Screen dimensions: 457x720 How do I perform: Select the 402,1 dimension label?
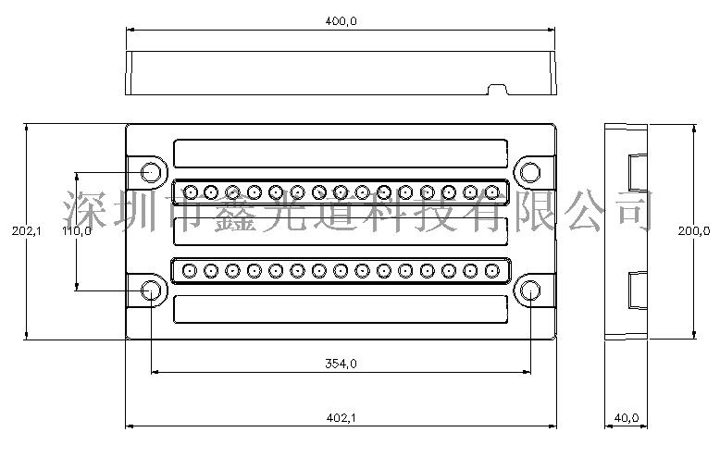341,418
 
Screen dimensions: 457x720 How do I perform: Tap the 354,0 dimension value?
341,364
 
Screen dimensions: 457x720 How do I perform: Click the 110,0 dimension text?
76,232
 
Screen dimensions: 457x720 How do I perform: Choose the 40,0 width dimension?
627,418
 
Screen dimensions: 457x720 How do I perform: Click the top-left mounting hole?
149,172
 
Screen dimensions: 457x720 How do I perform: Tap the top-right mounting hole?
530,172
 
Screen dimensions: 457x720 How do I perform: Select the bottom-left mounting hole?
149,291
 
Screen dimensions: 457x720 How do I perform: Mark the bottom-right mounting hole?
530,291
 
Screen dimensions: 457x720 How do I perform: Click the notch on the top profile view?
498,90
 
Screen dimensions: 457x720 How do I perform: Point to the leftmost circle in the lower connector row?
189,271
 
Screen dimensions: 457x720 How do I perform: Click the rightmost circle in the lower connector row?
491,271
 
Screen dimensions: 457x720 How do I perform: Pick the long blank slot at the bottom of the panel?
340,310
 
